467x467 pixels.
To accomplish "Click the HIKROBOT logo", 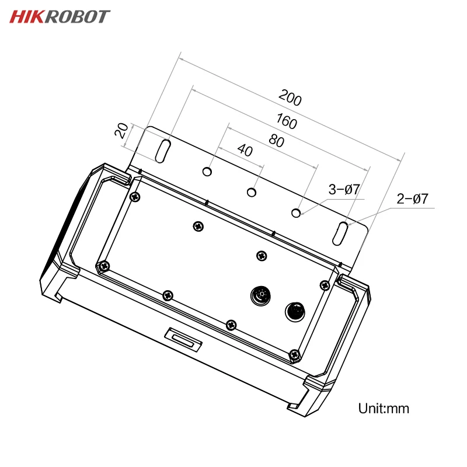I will (x=59, y=16).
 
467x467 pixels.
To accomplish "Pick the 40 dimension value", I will (x=245, y=150).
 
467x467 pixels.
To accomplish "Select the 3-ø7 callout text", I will (x=343, y=189).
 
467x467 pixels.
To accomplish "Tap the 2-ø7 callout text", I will (x=412, y=199).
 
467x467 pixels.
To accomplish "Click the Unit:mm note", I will (x=383, y=408).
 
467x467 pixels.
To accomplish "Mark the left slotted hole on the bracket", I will (x=163, y=150).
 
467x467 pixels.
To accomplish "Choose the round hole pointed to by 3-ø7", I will (x=297, y=213).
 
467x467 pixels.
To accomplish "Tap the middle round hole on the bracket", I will (x=252, y=192).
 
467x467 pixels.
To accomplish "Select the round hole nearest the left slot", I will (x=207, y=172).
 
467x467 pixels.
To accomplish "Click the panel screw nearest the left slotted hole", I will (x=135, y=197).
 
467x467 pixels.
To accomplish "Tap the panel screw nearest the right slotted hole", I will (x=325, y=285).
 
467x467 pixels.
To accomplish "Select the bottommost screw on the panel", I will (x=295, y=353).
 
